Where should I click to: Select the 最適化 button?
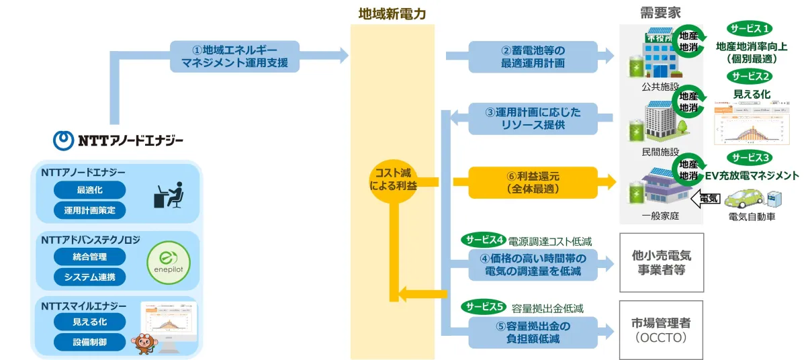point(89,189)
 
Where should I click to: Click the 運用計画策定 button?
point(89,210)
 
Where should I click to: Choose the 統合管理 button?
point(89,256)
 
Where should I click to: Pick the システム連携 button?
point(89,277)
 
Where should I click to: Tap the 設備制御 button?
point(89,342)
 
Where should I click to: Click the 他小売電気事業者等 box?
point(662,263)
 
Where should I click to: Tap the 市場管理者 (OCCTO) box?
point(662,330)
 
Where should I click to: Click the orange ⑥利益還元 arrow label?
point(525,182)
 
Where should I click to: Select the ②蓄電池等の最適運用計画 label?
point(533,57)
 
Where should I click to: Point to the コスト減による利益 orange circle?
point(394,180)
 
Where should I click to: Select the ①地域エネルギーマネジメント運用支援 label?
point(234,57)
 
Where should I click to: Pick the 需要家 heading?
point(661,13)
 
